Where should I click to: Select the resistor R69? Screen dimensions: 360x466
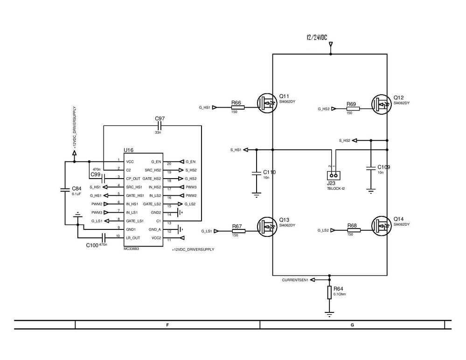[353, 109]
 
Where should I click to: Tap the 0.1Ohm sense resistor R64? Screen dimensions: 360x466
[329, 292]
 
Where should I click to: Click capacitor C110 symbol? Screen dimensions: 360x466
[256, 173]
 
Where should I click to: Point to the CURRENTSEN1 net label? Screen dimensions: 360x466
[295, 280]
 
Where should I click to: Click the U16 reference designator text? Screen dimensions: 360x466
[128, 150]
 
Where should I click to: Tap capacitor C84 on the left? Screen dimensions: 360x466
[65, 189]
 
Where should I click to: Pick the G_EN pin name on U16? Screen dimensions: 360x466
[156, 161]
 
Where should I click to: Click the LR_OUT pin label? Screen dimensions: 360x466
[132, 238]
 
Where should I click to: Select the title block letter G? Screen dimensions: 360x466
[352, 325]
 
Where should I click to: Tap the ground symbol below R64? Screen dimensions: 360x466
[329, 315]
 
